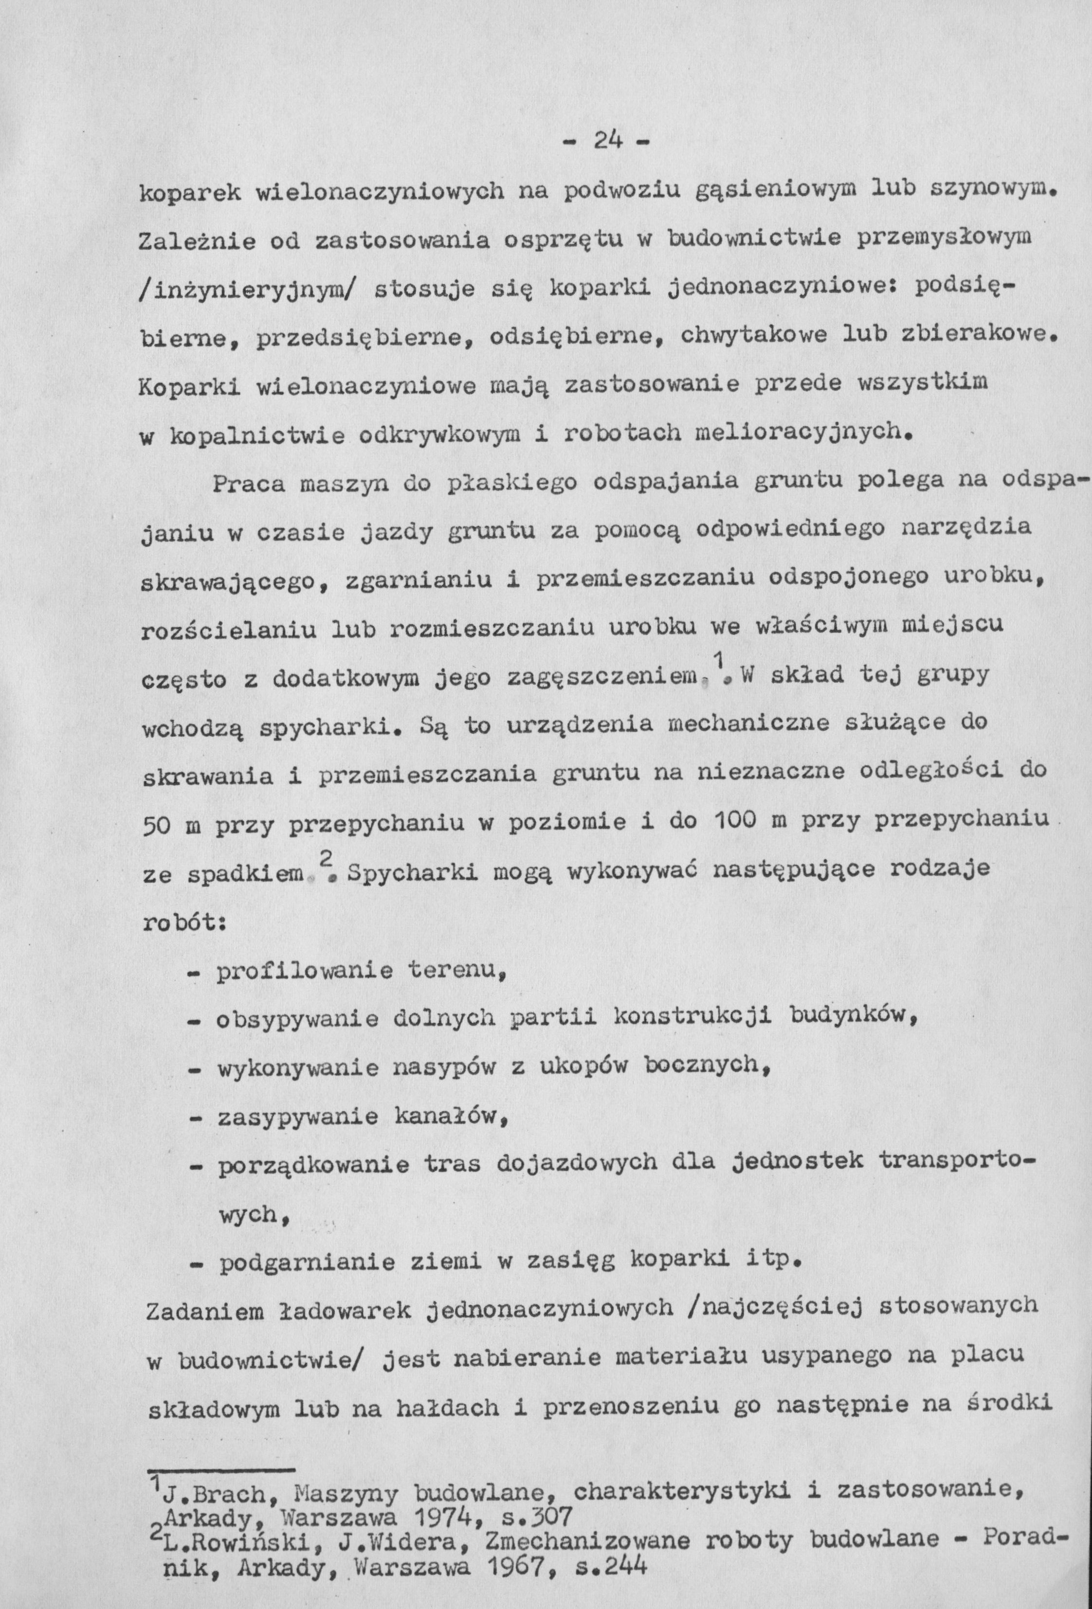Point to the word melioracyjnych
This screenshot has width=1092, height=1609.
799,434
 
